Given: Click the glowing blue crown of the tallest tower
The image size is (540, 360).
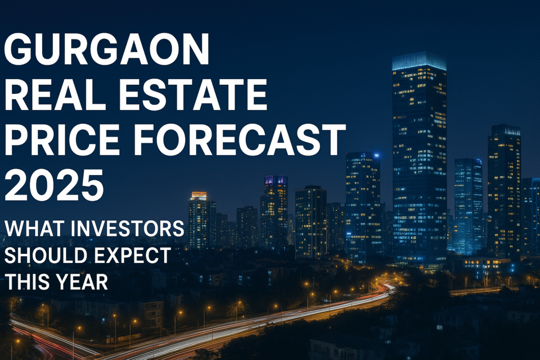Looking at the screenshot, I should point(419,61).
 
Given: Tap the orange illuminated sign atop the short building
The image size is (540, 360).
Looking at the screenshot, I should point(199,196).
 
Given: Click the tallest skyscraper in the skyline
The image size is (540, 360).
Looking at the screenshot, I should point(419,158).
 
